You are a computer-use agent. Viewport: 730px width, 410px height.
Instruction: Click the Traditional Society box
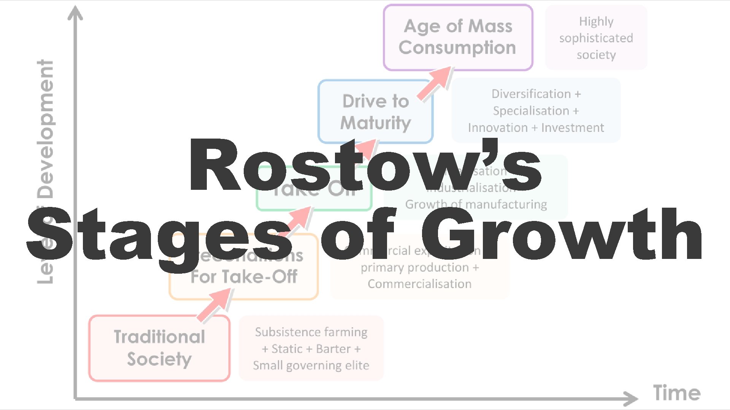(159, 348)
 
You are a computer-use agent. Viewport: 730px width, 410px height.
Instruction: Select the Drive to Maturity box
(376, 112)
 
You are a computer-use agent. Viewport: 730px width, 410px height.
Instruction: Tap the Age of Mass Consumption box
(458, 37)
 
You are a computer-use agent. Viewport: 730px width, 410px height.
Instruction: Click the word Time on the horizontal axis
(677, 393)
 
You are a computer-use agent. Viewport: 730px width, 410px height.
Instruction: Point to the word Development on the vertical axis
(46, 129)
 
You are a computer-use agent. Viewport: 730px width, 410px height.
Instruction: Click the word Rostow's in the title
(365, 165)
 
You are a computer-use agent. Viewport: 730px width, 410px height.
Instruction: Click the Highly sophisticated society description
(596, 38)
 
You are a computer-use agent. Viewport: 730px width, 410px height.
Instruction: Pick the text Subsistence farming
(311, 332)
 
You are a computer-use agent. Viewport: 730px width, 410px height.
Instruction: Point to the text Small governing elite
(311, 365)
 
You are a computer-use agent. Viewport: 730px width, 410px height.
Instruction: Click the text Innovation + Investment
(536, 128)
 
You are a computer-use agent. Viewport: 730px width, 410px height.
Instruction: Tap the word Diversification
(531, 94)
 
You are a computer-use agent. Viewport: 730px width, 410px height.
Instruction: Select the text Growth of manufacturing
(476, 204)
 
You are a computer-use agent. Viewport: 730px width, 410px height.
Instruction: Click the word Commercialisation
(419, 284)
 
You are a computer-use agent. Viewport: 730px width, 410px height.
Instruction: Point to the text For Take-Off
(244, 277)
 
